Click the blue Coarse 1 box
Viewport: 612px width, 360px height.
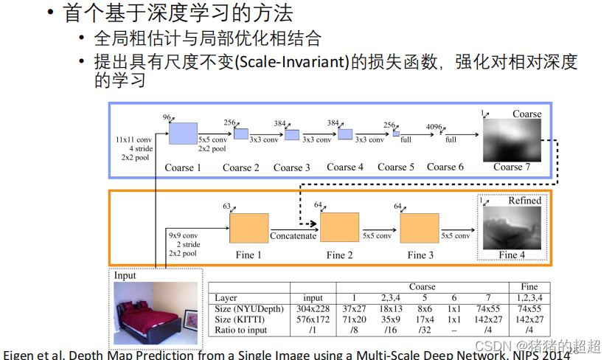coord(183,133)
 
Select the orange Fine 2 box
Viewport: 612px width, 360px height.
coord(339,227)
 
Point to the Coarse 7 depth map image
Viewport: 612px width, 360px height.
coord(512,139)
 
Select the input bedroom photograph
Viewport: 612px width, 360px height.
coord(155,313)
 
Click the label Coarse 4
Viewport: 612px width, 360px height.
coord(345,167)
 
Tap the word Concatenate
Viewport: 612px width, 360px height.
coord(293,236)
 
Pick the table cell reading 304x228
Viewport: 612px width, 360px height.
coord(313,309)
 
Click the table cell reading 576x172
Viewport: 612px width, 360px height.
coord(313,319)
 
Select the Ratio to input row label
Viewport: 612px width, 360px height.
coord(241,330)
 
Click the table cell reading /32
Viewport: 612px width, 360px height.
coord(425,330)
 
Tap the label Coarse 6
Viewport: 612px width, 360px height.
coord(445,167)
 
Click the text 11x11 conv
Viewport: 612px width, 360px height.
coord(134,139)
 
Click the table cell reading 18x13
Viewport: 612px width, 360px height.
coord(390,309)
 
